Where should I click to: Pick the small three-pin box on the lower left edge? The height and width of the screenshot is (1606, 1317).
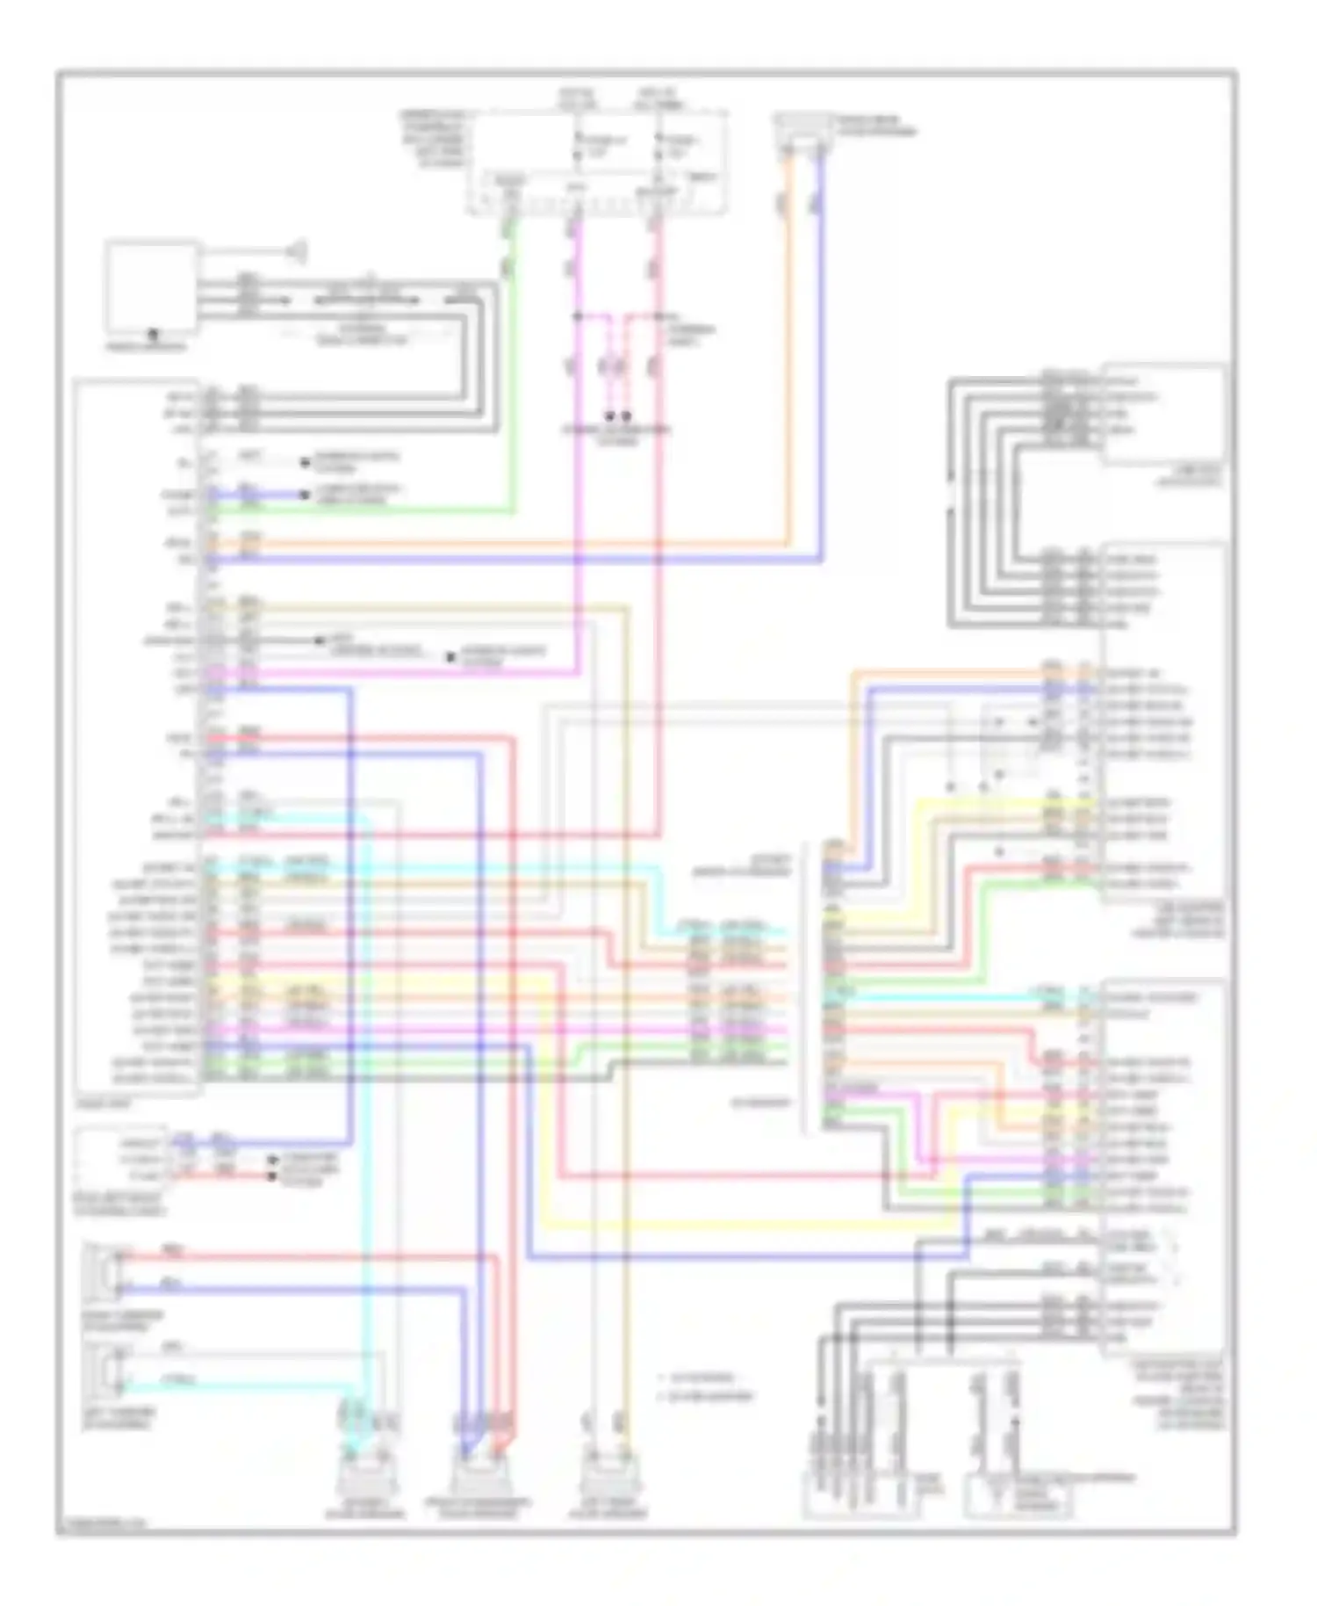121,1159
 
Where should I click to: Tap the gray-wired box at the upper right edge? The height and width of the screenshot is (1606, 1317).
1163,413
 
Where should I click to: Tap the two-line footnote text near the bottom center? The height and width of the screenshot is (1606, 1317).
707,1386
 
